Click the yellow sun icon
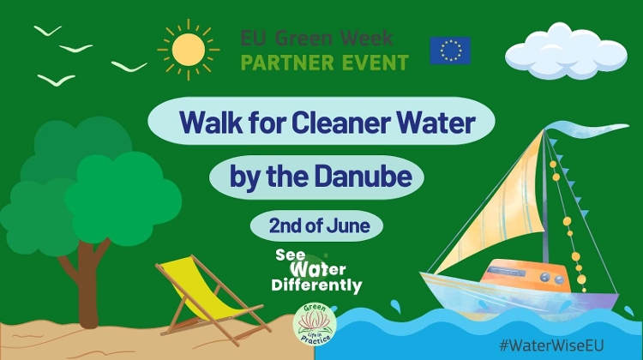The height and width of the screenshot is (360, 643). [x=188, y=49]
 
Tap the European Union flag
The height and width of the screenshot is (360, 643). [x=450, y=51]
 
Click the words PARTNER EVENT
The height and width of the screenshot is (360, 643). [x=324, y=62]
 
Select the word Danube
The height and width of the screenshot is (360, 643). [x=377, y=177]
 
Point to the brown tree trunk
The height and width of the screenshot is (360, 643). [x=87, y=283]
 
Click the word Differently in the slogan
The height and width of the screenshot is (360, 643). [x=316, y=285]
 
